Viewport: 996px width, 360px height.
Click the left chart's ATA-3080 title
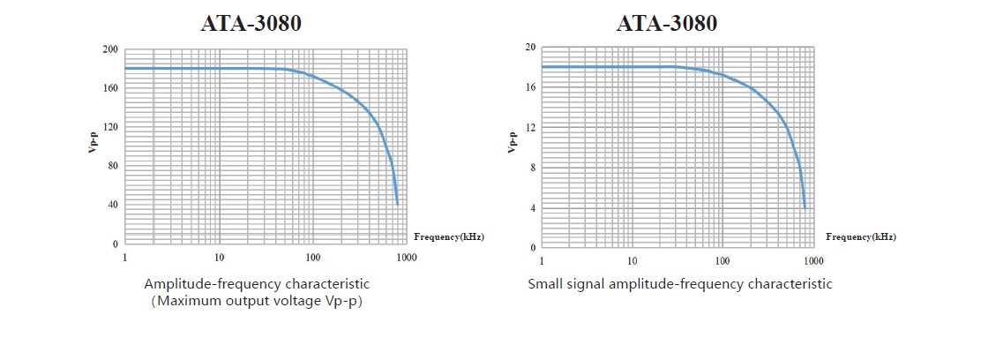(x=251, y=23)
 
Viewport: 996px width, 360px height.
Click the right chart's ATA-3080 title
(x=667, y=23)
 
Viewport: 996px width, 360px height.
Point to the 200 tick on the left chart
(x=110, y=49)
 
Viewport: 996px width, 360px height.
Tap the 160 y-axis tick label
(x=110, y=88)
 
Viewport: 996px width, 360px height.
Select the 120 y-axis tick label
(x=110, y=127)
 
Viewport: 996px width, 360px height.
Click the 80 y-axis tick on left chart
(x=113, y=166)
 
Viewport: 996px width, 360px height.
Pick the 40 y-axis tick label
(x=113, y=205)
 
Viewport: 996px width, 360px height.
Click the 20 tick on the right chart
(x=530, y=47)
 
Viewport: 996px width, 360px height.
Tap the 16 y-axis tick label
(x=530, y=87)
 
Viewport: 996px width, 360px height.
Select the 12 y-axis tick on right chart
(x=530, y=127)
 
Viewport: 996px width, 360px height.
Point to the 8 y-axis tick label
(x=533, y=168)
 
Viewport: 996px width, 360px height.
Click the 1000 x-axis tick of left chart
(x=406, y=258)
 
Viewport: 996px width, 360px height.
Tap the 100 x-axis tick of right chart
(x=723, y=261)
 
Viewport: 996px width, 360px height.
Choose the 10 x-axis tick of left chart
(x=219, y=258)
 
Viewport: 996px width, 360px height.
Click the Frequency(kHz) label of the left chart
(x=449, y=236)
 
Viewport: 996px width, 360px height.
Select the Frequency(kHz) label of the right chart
(x=861, y=236)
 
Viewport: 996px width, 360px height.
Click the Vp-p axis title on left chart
(x=93, y=143)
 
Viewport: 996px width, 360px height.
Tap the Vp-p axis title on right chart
(x=512, y=143)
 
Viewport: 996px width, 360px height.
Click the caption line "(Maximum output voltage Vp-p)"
(x=257, y=301)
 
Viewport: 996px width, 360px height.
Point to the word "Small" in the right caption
(x=544, y=284)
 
